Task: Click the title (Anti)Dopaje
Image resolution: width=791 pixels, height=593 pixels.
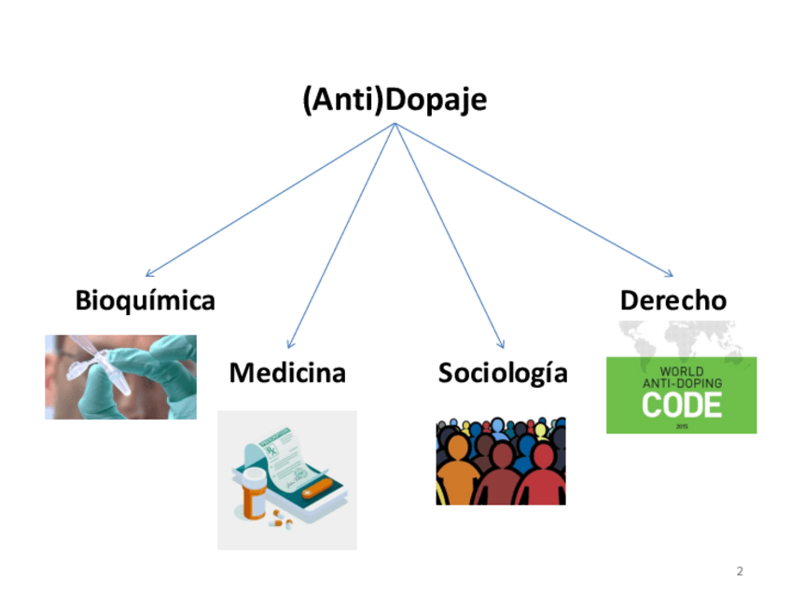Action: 395,100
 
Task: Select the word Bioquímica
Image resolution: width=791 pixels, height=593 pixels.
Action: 145,301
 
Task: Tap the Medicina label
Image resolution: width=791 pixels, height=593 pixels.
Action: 287,373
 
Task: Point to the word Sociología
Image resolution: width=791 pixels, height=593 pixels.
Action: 503,373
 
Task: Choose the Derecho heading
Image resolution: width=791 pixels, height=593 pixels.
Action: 673,301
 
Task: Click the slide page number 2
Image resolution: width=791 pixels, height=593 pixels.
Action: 740,571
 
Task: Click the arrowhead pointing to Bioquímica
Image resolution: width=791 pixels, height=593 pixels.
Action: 150,273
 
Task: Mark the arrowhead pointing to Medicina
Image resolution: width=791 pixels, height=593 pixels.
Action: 291,344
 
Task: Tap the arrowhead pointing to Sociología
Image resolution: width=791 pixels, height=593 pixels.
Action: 501,344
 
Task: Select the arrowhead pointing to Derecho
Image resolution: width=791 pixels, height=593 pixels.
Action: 668,273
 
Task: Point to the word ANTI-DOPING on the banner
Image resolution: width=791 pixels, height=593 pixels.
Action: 681,381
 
